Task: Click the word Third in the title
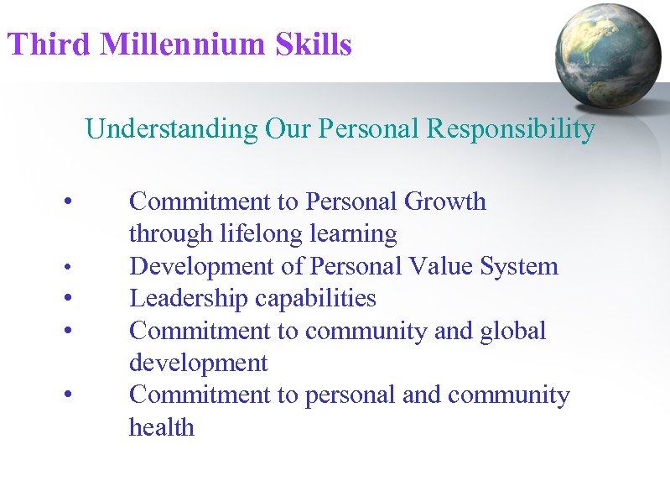click(47, 44)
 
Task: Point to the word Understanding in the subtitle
click(172, 130)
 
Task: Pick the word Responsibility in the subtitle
click(511, 130)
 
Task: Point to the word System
click(519, 267)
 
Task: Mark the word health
click(161, 427)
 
